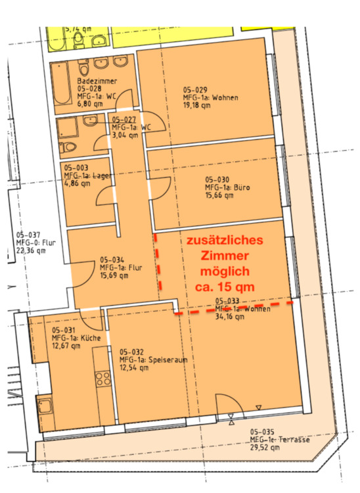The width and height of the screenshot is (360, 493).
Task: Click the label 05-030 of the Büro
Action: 217,179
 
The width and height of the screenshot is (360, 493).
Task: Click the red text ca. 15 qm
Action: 225,287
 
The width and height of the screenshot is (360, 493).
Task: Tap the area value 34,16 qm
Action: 230,317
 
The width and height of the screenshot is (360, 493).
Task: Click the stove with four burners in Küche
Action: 103,379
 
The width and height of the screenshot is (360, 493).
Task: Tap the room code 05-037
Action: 28,235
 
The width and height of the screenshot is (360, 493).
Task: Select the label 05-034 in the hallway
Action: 112,260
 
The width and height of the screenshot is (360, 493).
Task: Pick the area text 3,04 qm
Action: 125,135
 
